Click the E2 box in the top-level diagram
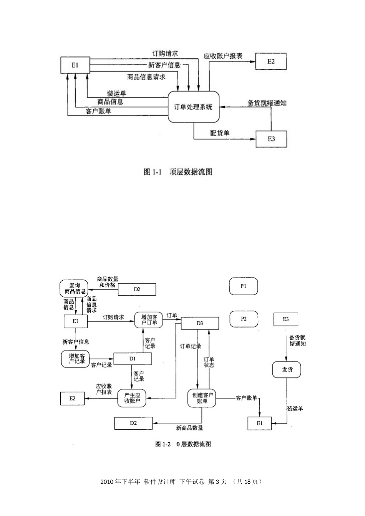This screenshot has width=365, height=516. click(271, 61)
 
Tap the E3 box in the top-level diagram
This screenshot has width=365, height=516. click(271, 139)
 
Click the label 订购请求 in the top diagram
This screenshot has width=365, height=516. click(165, 54)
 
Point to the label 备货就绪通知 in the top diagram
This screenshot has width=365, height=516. click(267, 103)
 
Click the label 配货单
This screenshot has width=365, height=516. click(220, 133)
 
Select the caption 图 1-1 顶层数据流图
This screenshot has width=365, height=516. click(178, 172)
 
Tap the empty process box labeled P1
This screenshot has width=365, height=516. click(243, 286)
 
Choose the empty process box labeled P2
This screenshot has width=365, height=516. click(244, 319)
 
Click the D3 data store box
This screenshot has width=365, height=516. click(200, 323)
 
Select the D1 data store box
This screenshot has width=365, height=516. click(133, 358)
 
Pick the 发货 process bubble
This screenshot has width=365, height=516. click(287, 370)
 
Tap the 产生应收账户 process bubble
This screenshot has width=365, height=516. click(133, 398)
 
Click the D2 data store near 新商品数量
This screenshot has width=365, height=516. click(133, 423)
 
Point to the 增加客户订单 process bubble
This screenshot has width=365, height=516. click(149, 320)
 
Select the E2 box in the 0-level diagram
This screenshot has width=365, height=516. click(73, 398)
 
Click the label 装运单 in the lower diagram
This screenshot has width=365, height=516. click(295, 408)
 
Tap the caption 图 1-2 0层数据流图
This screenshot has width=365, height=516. click(183, 444)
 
